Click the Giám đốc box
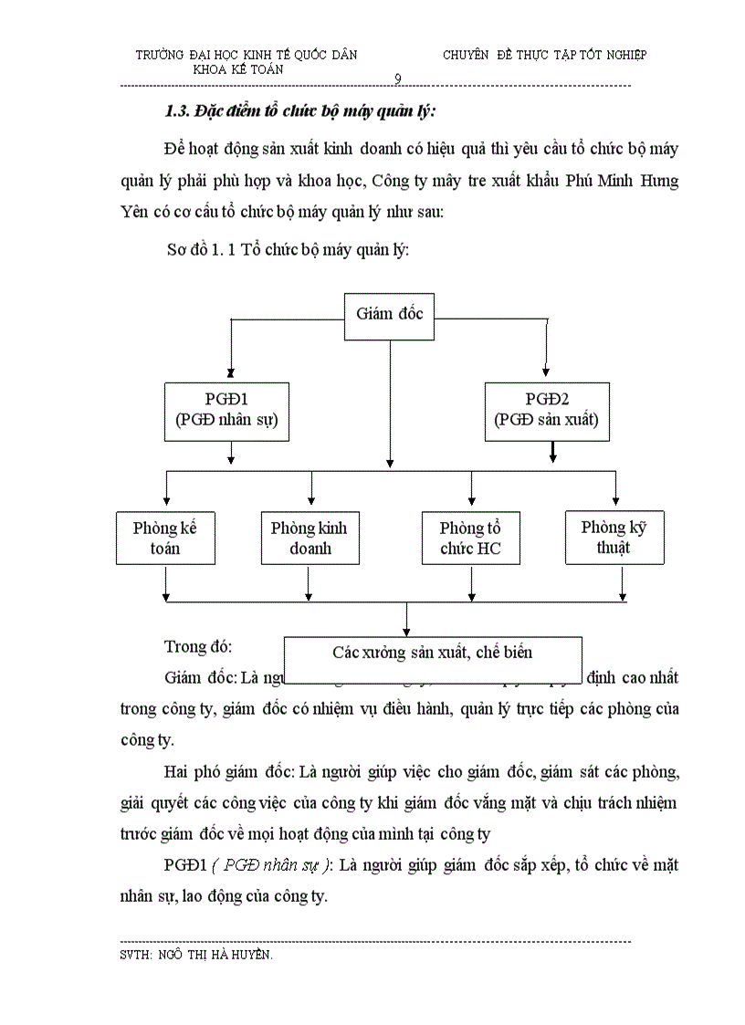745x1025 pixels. coord(389,316)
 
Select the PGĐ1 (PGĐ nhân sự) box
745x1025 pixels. coord(226,410)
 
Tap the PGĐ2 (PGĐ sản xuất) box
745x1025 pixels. coord(546,410)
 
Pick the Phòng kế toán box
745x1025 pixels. coord(164,538)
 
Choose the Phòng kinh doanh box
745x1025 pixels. coord(310,538)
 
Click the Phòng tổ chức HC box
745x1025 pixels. coord(470,539)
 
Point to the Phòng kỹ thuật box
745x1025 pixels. coord(614,538)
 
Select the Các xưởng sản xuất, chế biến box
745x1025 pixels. coord(433,653)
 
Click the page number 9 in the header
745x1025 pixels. coord(398,79)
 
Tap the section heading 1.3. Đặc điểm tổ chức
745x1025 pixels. coord(299,112)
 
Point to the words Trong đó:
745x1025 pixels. coord(198,646)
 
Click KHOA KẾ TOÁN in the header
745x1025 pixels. coord(238,68)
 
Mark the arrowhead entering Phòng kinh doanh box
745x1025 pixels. coord(311,502)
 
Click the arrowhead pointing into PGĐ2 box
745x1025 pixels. coord(546,371)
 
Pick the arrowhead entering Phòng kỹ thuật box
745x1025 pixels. coord(616,500)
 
